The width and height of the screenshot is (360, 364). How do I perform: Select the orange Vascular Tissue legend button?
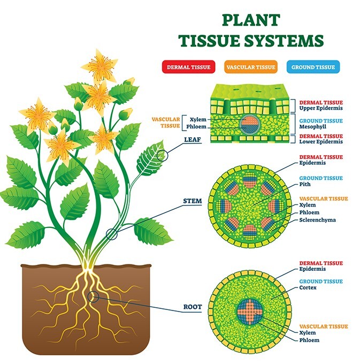click(x=251, y=67)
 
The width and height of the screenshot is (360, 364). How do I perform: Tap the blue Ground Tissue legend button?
click(x=313, y=67)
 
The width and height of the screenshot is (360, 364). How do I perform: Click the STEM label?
click(x=193, y=202)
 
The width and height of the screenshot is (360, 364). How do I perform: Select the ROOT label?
click(x=192, y=307)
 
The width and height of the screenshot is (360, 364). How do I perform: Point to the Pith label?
click(x=305, y=184)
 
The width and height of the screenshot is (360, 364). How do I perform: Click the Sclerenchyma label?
click(x=317, y=219)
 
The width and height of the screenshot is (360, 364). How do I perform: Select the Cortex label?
click(x=308, y=287)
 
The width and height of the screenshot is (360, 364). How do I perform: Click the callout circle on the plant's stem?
click(x=111, y=233)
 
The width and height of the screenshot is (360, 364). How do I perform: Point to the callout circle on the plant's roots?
click(x=93, y=295)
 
